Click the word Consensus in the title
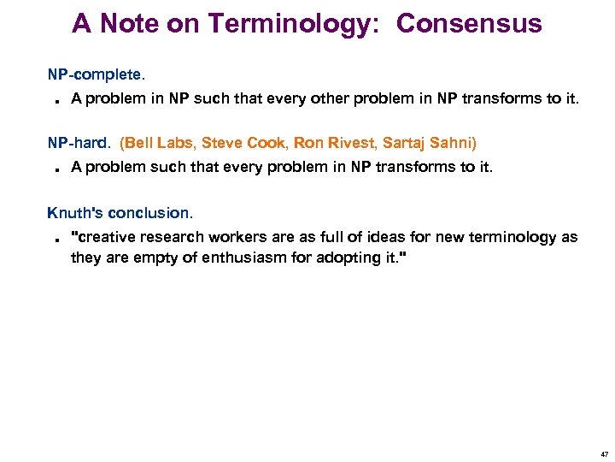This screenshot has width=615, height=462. click(469, 24)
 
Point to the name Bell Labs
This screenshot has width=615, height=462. click(159, 143)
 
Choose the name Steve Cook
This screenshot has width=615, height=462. click(243, 143)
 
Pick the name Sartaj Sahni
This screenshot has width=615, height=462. click(430, 143)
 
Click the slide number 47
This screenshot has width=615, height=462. click(605, 454)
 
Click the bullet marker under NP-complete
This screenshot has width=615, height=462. click(54, 101)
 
